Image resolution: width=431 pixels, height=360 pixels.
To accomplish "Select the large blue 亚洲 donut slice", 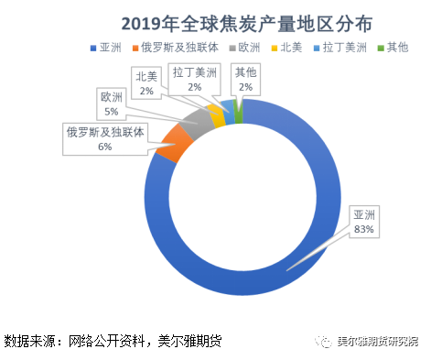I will [x=302, y=266].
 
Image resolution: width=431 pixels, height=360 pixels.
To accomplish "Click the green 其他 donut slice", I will [x=240, y=108].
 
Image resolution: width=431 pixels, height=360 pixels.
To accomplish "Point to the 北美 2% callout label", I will [x=146, y=84].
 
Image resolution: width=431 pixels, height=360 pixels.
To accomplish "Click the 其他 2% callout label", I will [x=245, y=79].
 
